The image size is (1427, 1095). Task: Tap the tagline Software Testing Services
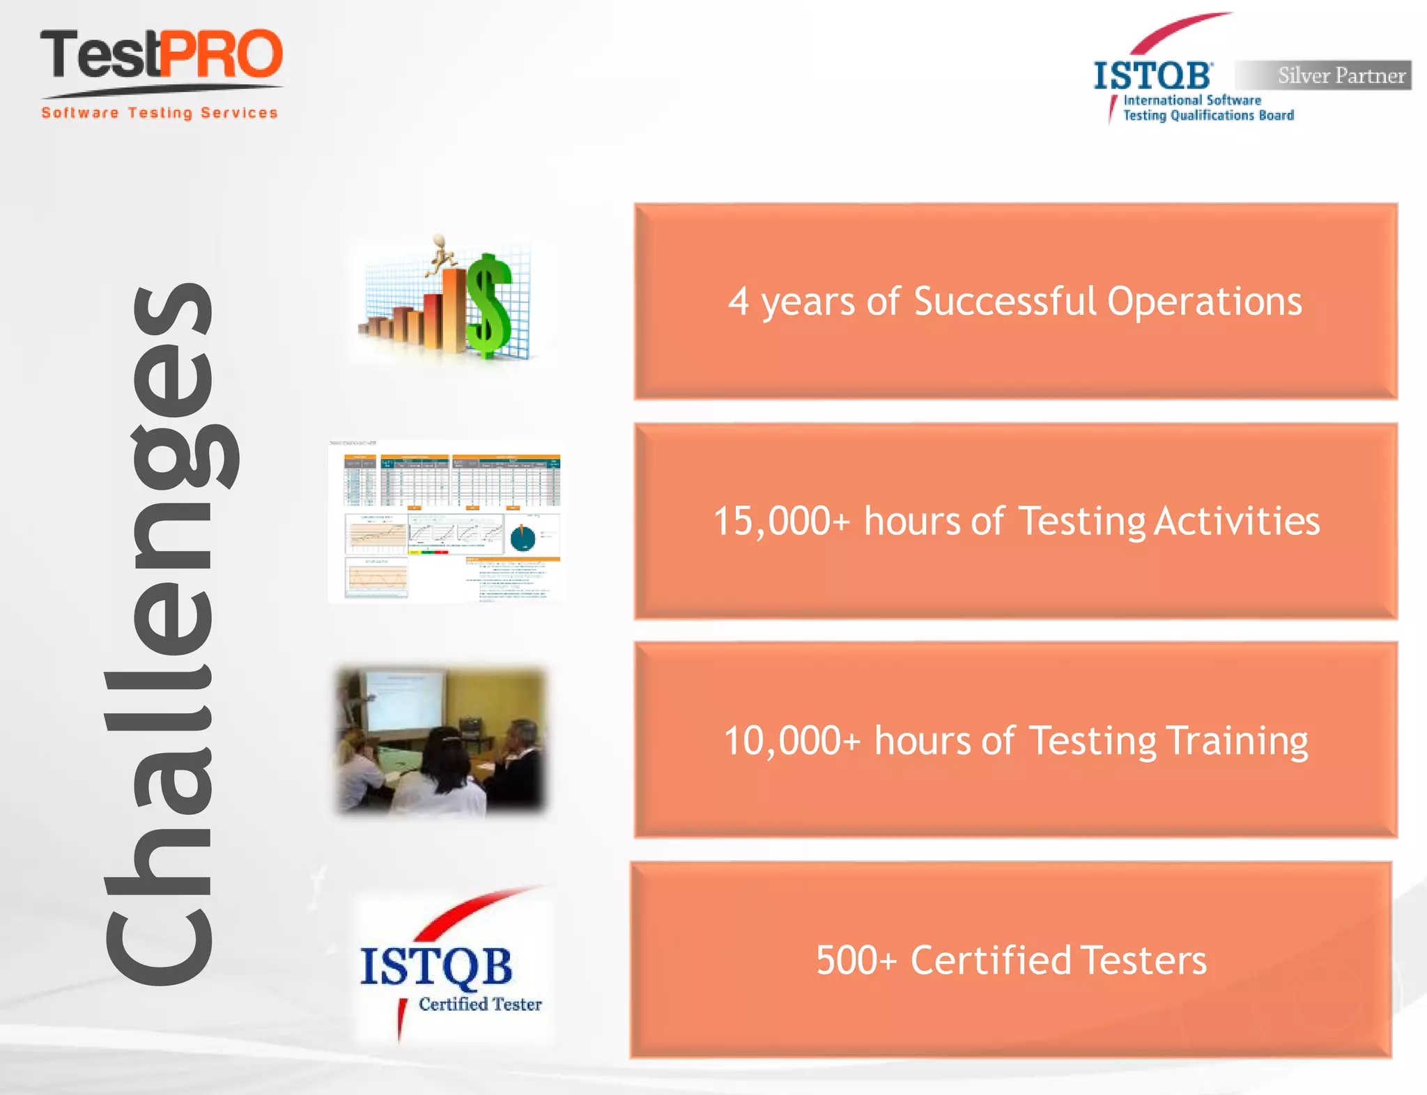click(x=160, y=113)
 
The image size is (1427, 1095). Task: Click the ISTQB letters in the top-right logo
click(x=1152, y=76)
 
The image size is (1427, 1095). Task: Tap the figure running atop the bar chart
click(x=440, y=254)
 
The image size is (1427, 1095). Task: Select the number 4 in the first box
click(x=738, y=302)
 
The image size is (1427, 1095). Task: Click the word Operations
click(x=1204, y=302)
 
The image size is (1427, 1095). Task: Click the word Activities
click(x=1237, y=521)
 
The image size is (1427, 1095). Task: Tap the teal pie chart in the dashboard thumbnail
click(x=523, y=538)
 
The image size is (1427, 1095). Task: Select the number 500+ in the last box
click(x=856, y=960)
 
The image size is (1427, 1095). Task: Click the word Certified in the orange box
click(x=990, y=960)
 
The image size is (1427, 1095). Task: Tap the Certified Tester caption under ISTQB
click(x=480, y=1004)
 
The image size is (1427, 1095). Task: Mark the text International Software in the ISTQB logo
click(x=1192, y=100)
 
